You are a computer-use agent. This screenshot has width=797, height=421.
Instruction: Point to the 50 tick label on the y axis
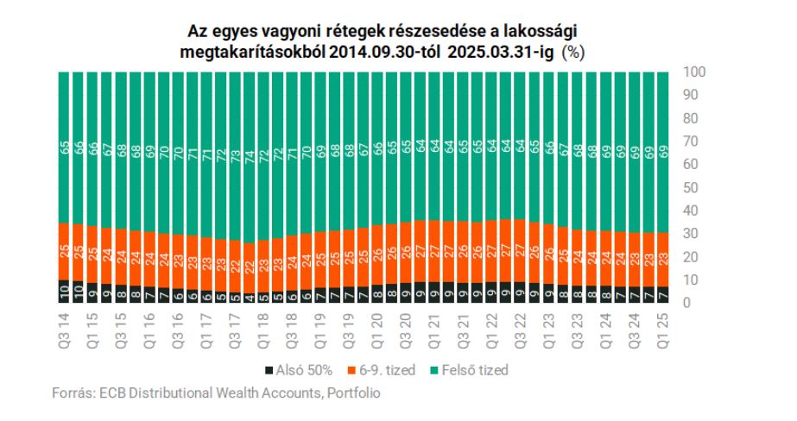point(691,187)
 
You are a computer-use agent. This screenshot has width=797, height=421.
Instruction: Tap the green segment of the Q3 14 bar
point(65,147)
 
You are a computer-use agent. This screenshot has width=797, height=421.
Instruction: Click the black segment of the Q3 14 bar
point(65,292)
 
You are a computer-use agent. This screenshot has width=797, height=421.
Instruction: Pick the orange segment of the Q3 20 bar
point(405,253)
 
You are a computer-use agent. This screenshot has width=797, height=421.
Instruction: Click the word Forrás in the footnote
point(72,393)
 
